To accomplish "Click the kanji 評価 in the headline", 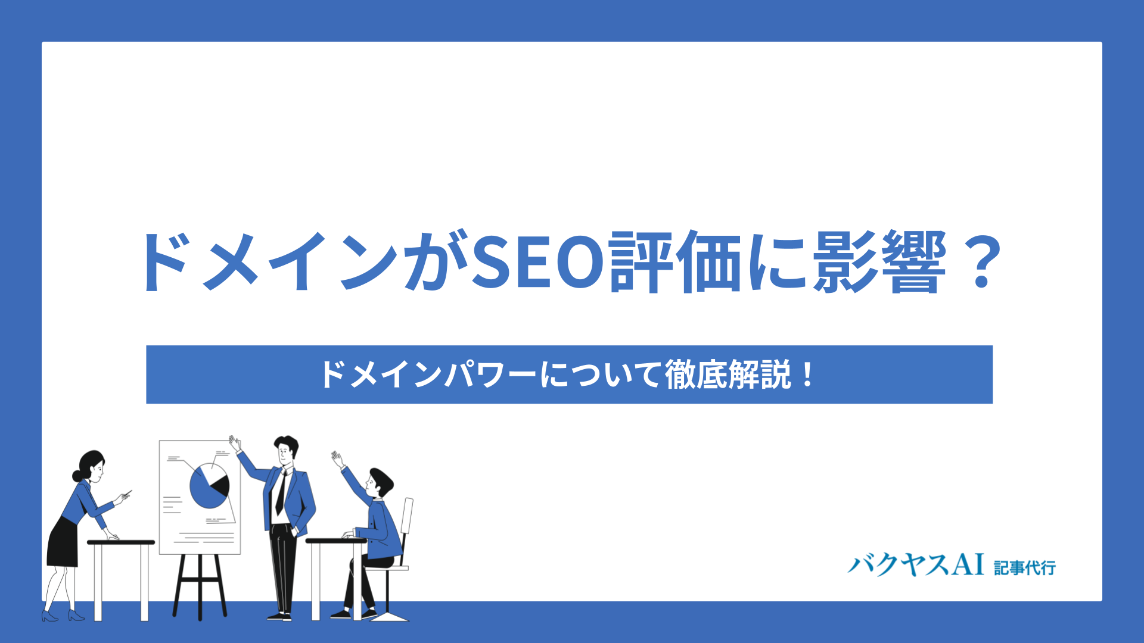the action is pyautogui.click(x=676, y=262).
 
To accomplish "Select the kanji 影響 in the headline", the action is pyautogui.click(x=879, y=262).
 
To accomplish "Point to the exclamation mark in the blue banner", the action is pyautogui.click(x=807, y=374).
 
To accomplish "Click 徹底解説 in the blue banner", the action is pyautogui.click(x=728, y=374).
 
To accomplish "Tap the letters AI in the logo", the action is pyautogui.click(x=968, y=563).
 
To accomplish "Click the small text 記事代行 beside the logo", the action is pyautogui.click(x=1025, y=567).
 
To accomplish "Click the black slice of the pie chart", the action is pyautogui.click(x=221, y=486).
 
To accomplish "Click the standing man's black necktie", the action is pyautogui.click(x=281, y=494).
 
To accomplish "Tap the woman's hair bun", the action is pyautogui.click(x=76, y=476).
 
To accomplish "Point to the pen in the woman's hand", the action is pyautogui.click(x=126, y=493).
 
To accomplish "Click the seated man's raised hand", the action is pyautogui.click(x=338, y=459).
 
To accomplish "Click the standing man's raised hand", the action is pyautogui.click(x=235, y=443).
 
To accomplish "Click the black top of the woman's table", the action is pyautogui.click(x=121, y=542).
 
